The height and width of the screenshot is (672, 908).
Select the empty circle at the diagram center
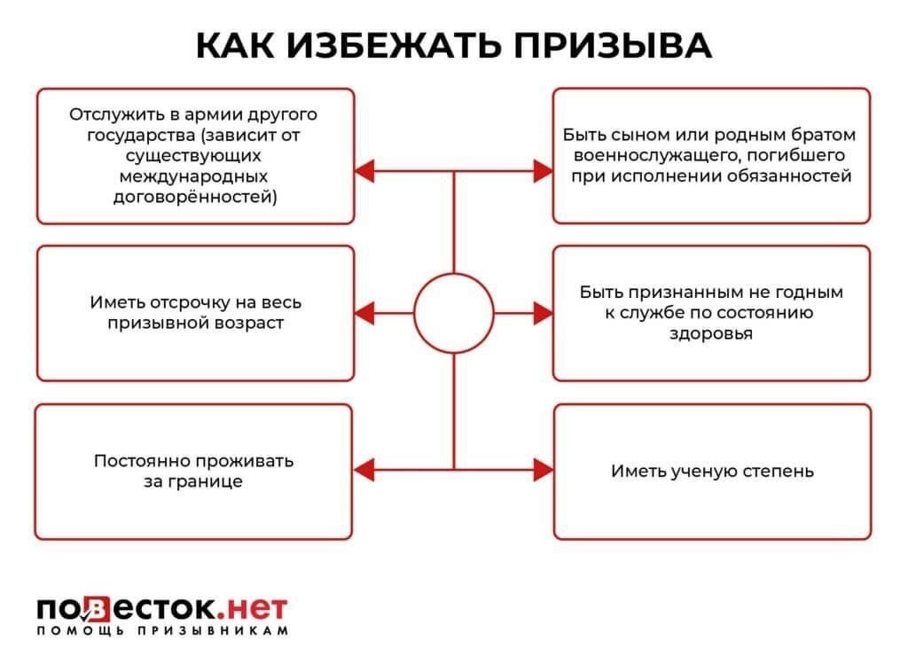(454, 313)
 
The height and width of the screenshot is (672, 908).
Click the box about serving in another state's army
(195, 156)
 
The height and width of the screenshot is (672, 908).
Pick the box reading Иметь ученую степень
(711, 471)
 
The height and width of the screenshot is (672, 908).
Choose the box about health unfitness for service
(711, 313)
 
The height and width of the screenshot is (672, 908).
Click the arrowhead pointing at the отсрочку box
(364, 313)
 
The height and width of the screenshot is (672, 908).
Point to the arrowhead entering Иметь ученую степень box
(543, 469)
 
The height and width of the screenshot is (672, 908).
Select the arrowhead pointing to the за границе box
(364, 469)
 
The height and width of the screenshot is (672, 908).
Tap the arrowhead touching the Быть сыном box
(543, 170)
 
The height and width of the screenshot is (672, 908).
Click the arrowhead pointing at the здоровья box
(543, 313)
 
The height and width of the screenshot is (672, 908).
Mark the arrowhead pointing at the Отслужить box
(364, 170)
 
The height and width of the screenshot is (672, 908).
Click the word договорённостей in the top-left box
(195, 197)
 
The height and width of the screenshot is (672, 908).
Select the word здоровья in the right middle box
(711, 334)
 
